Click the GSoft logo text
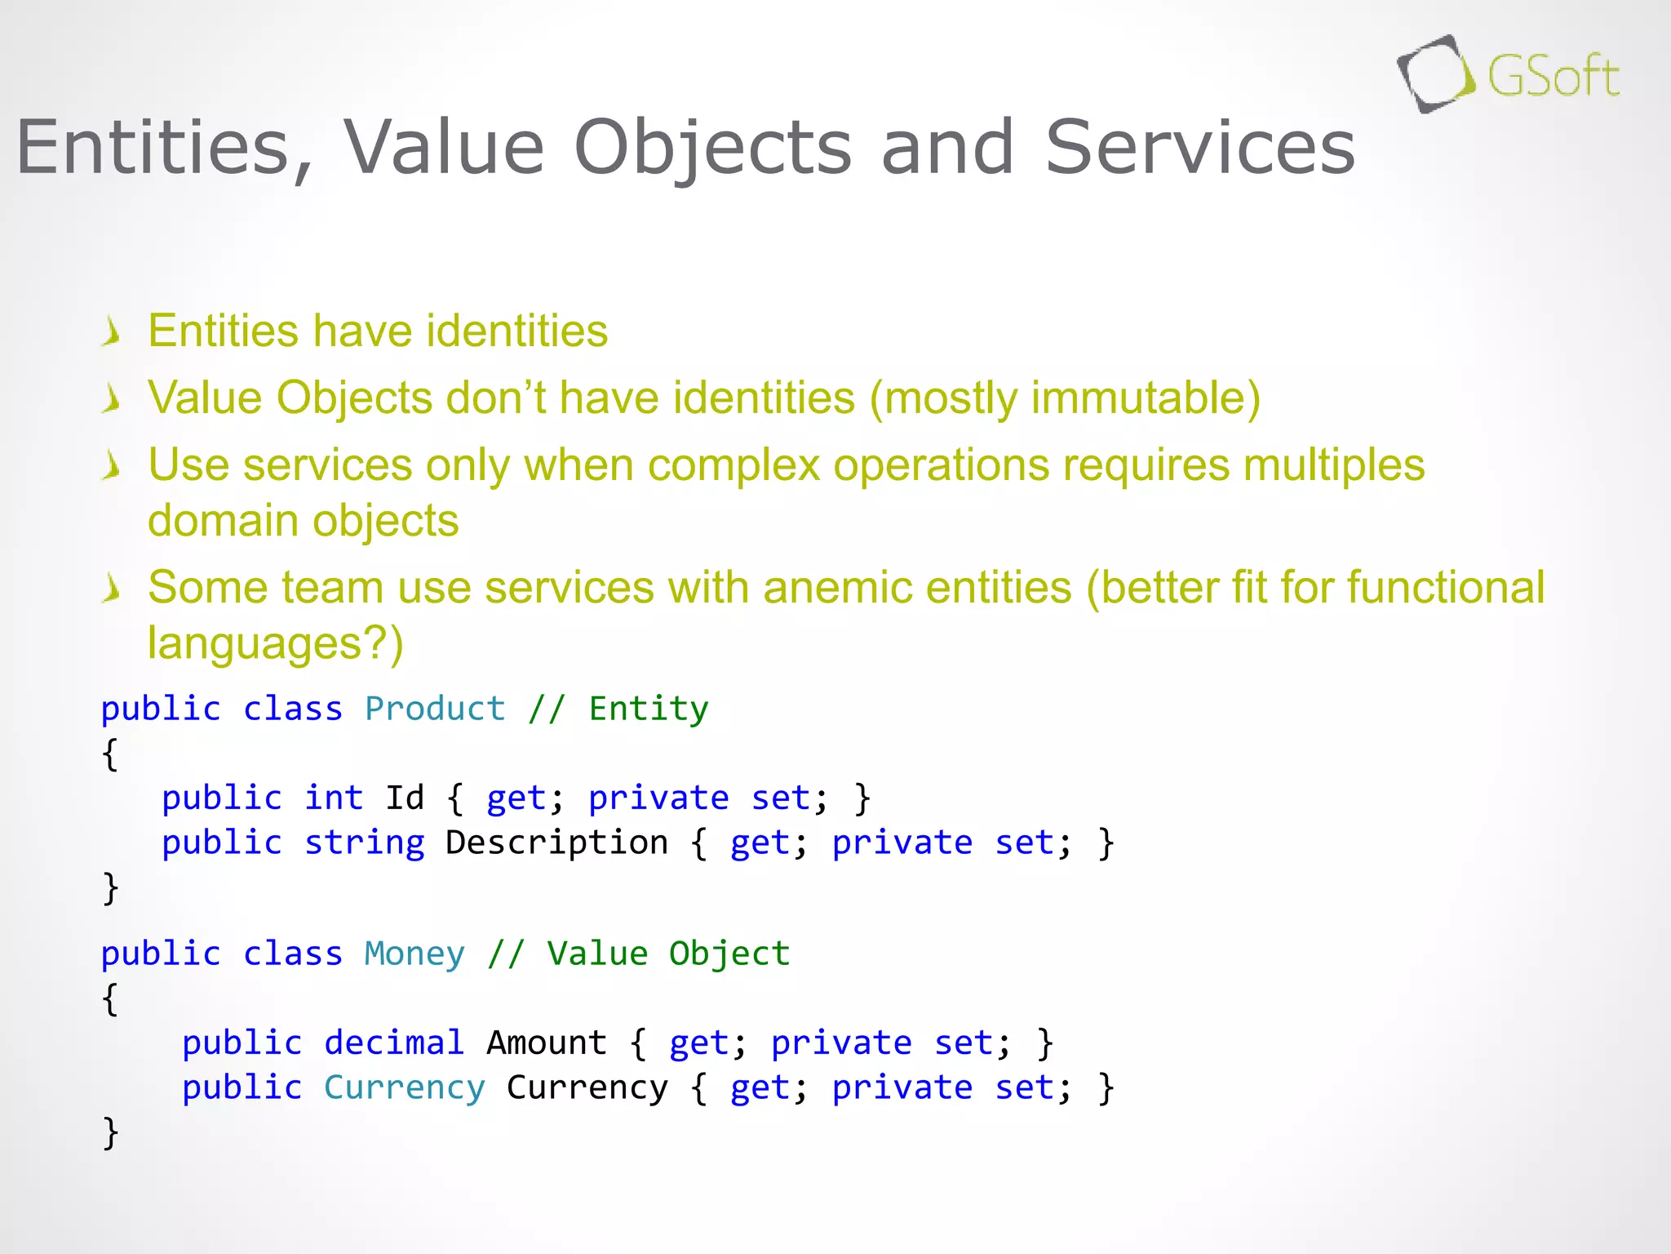click(1553, 77)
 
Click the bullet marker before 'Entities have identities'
click(112, 332)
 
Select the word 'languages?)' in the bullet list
click(275, 643)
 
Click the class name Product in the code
click(435, 709)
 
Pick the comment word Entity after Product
click(649, 709)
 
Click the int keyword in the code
click(334, 798)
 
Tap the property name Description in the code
click(556, 843)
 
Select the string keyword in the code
click(364, 843)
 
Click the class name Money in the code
click(414, 954)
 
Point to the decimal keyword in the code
click(394, 1043)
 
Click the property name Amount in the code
click(547, 1043)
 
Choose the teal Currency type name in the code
click(405, 1087)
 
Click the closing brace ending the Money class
click(111, 1132)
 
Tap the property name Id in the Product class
click(405, 798)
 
